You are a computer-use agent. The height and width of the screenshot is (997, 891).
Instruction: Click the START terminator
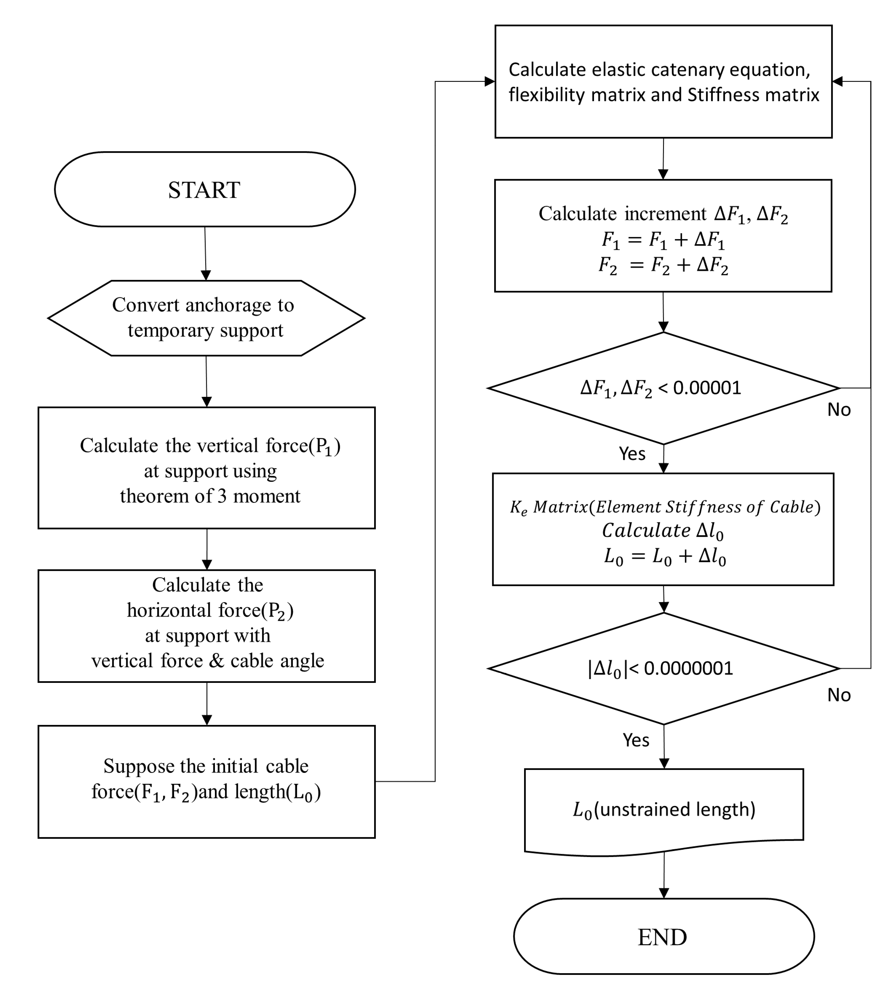pyautogui.click(x=205, y=190)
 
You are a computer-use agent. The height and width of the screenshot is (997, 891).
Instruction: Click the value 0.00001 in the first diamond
pyautogui.click(x=707, y=388)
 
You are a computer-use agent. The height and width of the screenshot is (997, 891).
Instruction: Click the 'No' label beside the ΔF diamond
pyautogui.click(x=839, y=410)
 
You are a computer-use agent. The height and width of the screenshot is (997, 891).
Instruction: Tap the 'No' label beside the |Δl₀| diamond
pyautogui.click(x=839, y=695)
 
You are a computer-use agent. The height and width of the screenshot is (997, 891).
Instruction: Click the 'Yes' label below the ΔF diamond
pyautogui.click(x=632, y=454)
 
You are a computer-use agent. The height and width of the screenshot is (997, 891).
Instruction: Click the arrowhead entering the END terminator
pyautogui.click(x=664, y=893)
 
